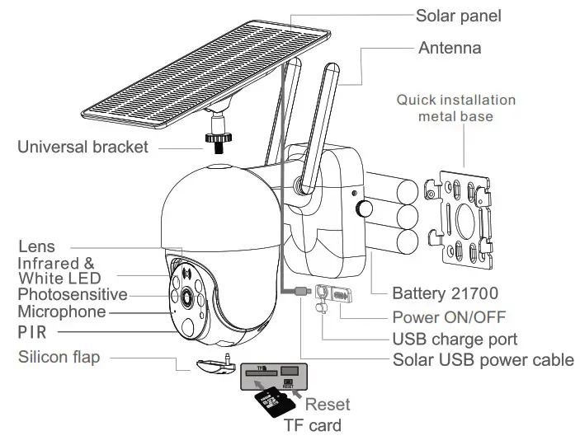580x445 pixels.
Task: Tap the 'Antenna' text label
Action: [x=450, y=47]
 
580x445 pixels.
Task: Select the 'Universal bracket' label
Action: [x=83, y=148]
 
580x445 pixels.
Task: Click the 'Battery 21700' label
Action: [x=445, y=293]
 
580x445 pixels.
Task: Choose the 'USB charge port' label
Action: [x=454, y=339]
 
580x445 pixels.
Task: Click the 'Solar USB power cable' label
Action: [x=483, y=360]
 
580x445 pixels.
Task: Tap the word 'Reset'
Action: [x=328, y=405]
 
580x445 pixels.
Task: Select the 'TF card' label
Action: [x=312, y=425]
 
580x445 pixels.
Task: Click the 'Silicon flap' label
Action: [x=59, y=358]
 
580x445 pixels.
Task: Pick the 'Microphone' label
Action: [x=62, y=312]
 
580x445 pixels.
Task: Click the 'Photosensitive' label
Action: [x=73, y=294]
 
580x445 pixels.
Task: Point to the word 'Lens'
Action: [x=36, y=246]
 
